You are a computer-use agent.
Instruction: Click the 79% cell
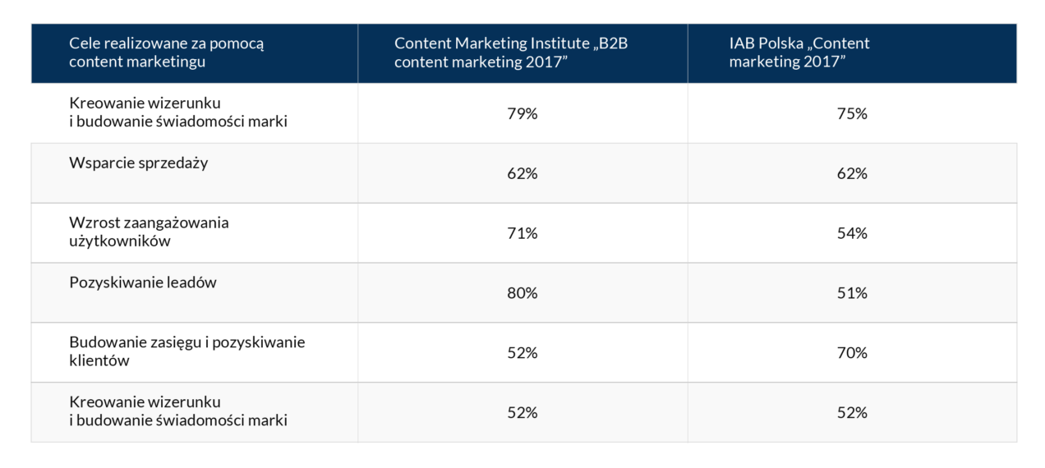pos(522,114)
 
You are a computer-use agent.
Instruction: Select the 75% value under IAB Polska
pos(852,114)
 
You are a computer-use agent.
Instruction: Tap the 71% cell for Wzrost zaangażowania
pos(522,234)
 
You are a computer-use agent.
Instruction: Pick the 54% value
pos(852,234)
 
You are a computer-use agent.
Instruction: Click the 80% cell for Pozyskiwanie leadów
pos(522,293)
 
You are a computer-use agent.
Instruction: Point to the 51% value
pos(852,293)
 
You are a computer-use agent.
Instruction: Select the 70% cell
pos(852,353)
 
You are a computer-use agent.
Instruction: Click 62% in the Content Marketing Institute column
pos(522,174)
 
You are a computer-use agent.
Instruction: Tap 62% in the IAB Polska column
pos(852,174)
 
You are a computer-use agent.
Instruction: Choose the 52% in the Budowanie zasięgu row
pos(522,353)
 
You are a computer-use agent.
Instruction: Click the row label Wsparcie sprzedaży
pos(138,163)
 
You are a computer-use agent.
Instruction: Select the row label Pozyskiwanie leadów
pos(142,282)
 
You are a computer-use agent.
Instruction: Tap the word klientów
pos(99,361)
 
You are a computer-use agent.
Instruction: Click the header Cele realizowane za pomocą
pos(166,44)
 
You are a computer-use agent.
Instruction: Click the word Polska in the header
pos(778,44)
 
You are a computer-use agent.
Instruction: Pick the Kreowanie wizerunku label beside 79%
pos(145,103)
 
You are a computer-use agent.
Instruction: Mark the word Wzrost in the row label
pos(92,223)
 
